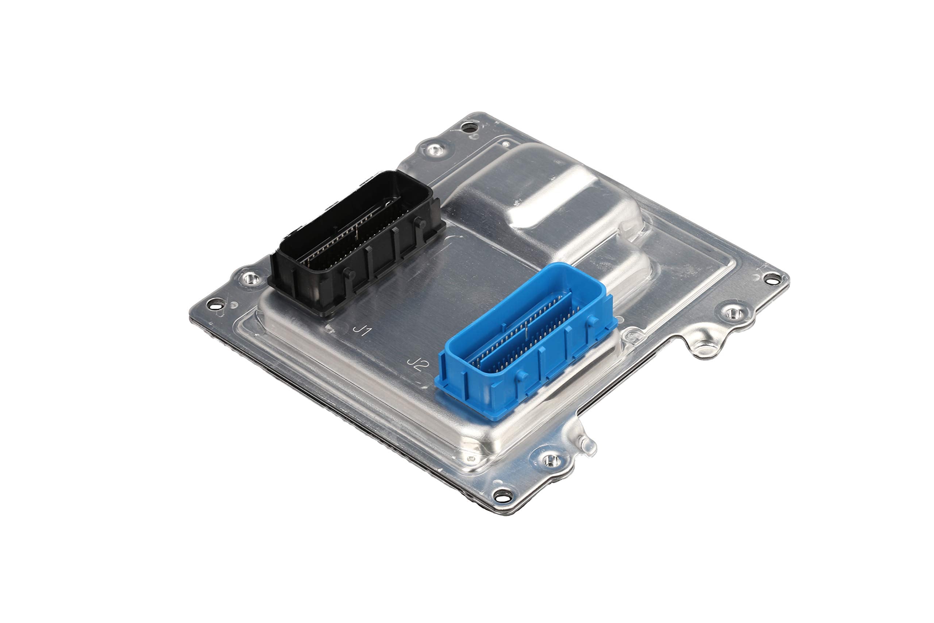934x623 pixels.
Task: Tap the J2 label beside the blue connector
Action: (x=417, y=364)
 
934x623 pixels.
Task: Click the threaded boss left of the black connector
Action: (x=250, y=278)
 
